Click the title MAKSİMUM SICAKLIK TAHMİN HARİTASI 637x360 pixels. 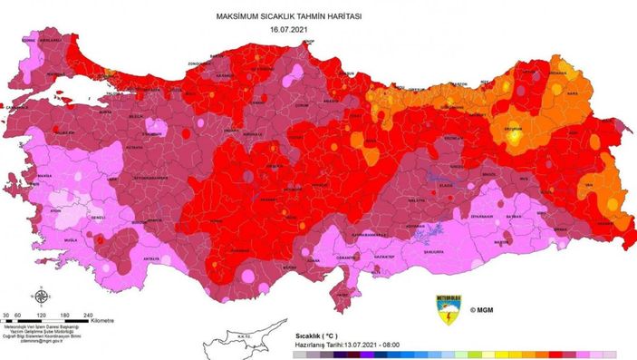coord(289,16)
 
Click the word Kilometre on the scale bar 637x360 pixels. coord(101,320)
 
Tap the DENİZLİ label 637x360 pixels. coord(95,219)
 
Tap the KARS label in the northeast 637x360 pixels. coord(572,92)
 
